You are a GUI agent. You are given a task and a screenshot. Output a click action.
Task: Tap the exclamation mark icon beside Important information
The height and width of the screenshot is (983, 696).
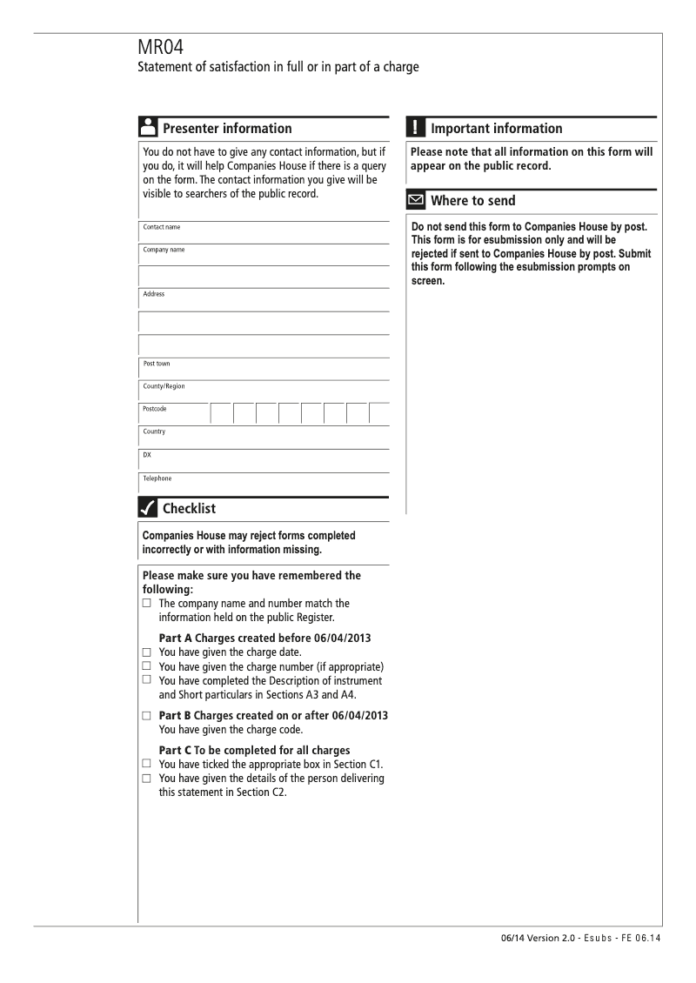415,128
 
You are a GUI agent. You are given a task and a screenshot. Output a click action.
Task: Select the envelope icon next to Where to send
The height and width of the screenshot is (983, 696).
416,201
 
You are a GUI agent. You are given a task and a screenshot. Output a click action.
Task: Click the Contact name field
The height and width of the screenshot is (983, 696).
264,232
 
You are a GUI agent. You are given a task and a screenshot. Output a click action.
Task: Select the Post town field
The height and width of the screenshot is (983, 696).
264,370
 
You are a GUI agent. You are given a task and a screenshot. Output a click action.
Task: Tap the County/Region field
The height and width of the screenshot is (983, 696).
264,392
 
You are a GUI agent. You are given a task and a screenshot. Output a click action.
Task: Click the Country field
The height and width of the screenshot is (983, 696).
264,438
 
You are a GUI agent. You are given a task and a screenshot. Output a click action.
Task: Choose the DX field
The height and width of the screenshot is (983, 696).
264,460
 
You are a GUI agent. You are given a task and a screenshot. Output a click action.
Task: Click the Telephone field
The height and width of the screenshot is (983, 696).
264,484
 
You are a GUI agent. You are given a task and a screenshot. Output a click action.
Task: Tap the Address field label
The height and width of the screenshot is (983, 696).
155,294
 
